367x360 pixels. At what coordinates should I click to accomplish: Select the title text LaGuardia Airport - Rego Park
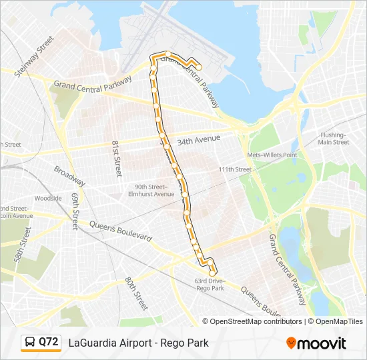click(138, 343)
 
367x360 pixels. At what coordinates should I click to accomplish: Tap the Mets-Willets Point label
click(272, 155)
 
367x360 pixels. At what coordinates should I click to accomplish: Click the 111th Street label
click(235, 169)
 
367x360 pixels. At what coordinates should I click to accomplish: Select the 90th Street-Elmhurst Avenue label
click(153, 191)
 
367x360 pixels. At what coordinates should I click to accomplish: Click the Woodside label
click(48, 198)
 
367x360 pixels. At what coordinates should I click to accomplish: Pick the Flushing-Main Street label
click(334, 139)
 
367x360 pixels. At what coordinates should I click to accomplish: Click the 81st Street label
click(117, 158)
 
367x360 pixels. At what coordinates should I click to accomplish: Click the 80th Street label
click(135, 293)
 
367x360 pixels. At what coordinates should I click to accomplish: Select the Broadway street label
click(69, 176)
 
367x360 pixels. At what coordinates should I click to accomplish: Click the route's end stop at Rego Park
click(213, 273)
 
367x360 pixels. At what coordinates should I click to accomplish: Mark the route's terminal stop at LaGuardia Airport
click(198, 67)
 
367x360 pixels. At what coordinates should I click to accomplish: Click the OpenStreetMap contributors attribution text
click(252, 321)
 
